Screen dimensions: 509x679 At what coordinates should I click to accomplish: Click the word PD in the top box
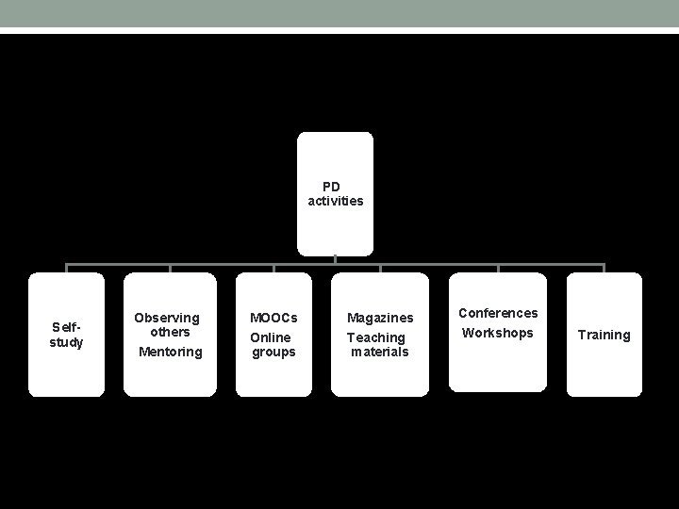(x=331, y=187)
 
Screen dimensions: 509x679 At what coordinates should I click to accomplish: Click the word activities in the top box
(x=336, y=201)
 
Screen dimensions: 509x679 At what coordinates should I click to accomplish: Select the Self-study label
(x=66, y=335)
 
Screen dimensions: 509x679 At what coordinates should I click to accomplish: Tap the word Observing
(x=167, y=318)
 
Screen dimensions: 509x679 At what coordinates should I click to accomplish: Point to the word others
(x=170, y=332)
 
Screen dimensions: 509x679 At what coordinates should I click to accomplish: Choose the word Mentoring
(x=170, y=352)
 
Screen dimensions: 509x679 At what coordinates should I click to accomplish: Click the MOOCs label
(x=273, y=318)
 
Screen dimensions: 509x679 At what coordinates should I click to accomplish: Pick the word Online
(x=271, y=337)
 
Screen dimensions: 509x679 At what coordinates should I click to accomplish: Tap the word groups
(x=273, y=352)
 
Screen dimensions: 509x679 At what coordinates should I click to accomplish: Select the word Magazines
(x=380, y=318)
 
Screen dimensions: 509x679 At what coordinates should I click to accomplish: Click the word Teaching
(x=376, y=337)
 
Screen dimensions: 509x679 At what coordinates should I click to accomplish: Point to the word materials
(x=380, y=352)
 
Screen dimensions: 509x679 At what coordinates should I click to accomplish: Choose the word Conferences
(x=498, y=313)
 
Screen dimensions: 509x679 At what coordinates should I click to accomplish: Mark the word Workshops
(x=498, y=333)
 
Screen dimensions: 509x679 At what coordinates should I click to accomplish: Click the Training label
(x=604, y=335)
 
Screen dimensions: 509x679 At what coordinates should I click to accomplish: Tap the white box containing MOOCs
(x=273, y=377)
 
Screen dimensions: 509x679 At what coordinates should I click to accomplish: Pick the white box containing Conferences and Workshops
(x=498, y=368)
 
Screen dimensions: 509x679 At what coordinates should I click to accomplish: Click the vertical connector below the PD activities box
(x=336, y=259)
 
